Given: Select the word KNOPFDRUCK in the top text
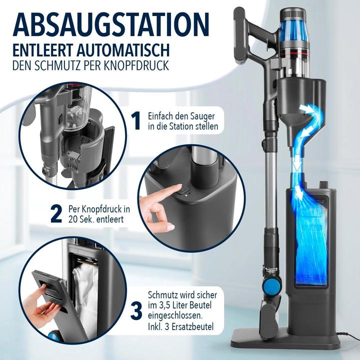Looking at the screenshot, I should pyautogui.click(x=143, y=65).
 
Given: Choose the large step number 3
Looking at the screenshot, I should pyautogui.click(x=135, y=310).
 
